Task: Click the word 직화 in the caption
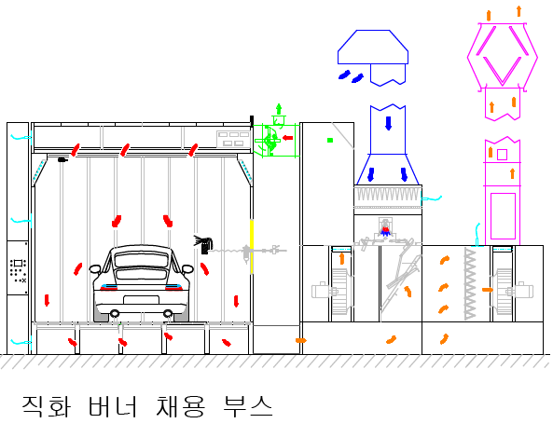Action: pos(47,406)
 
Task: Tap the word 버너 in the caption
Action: pos(112,406)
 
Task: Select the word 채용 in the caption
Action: pos(180,406)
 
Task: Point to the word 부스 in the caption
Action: pos(247,406)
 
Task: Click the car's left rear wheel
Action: pos(115,313)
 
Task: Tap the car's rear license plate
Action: pos(141,300)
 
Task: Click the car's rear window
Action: pos(141,260)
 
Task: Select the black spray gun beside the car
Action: pos(203,244)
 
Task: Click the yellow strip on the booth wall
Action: pos(252,247)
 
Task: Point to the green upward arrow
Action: pos(279,109)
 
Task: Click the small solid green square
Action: pos(330,141)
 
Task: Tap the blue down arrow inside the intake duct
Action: pos(388,123)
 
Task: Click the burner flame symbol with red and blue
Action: pos(385,230)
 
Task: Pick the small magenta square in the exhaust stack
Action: pos(502,155)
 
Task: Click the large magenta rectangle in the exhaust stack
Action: pos(503,216)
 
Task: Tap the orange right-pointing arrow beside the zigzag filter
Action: pos(488,290)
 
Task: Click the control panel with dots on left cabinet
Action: pos(18,268)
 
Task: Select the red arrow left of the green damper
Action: pos(288,138)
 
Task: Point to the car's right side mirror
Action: pos(187,269)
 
